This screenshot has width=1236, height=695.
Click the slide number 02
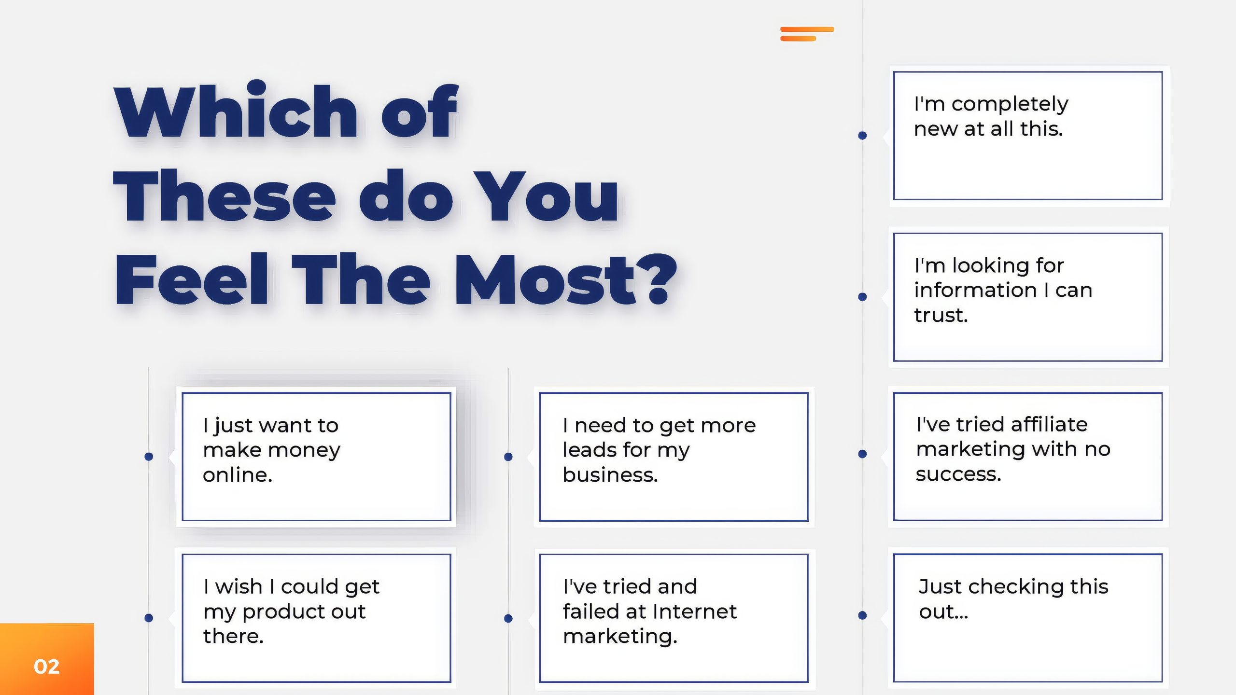coord(46,667)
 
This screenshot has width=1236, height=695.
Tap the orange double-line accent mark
coord(807,34)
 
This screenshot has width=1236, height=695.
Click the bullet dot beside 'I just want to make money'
coord(149,457)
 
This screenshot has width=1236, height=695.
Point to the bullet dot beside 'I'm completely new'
coord(862,136)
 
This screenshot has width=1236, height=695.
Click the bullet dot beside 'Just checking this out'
coord(862,615)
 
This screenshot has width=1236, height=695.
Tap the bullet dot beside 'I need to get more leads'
coord(508,457)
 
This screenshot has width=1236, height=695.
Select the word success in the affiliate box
coord(958,474)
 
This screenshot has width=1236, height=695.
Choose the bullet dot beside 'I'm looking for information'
coord(862,297)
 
